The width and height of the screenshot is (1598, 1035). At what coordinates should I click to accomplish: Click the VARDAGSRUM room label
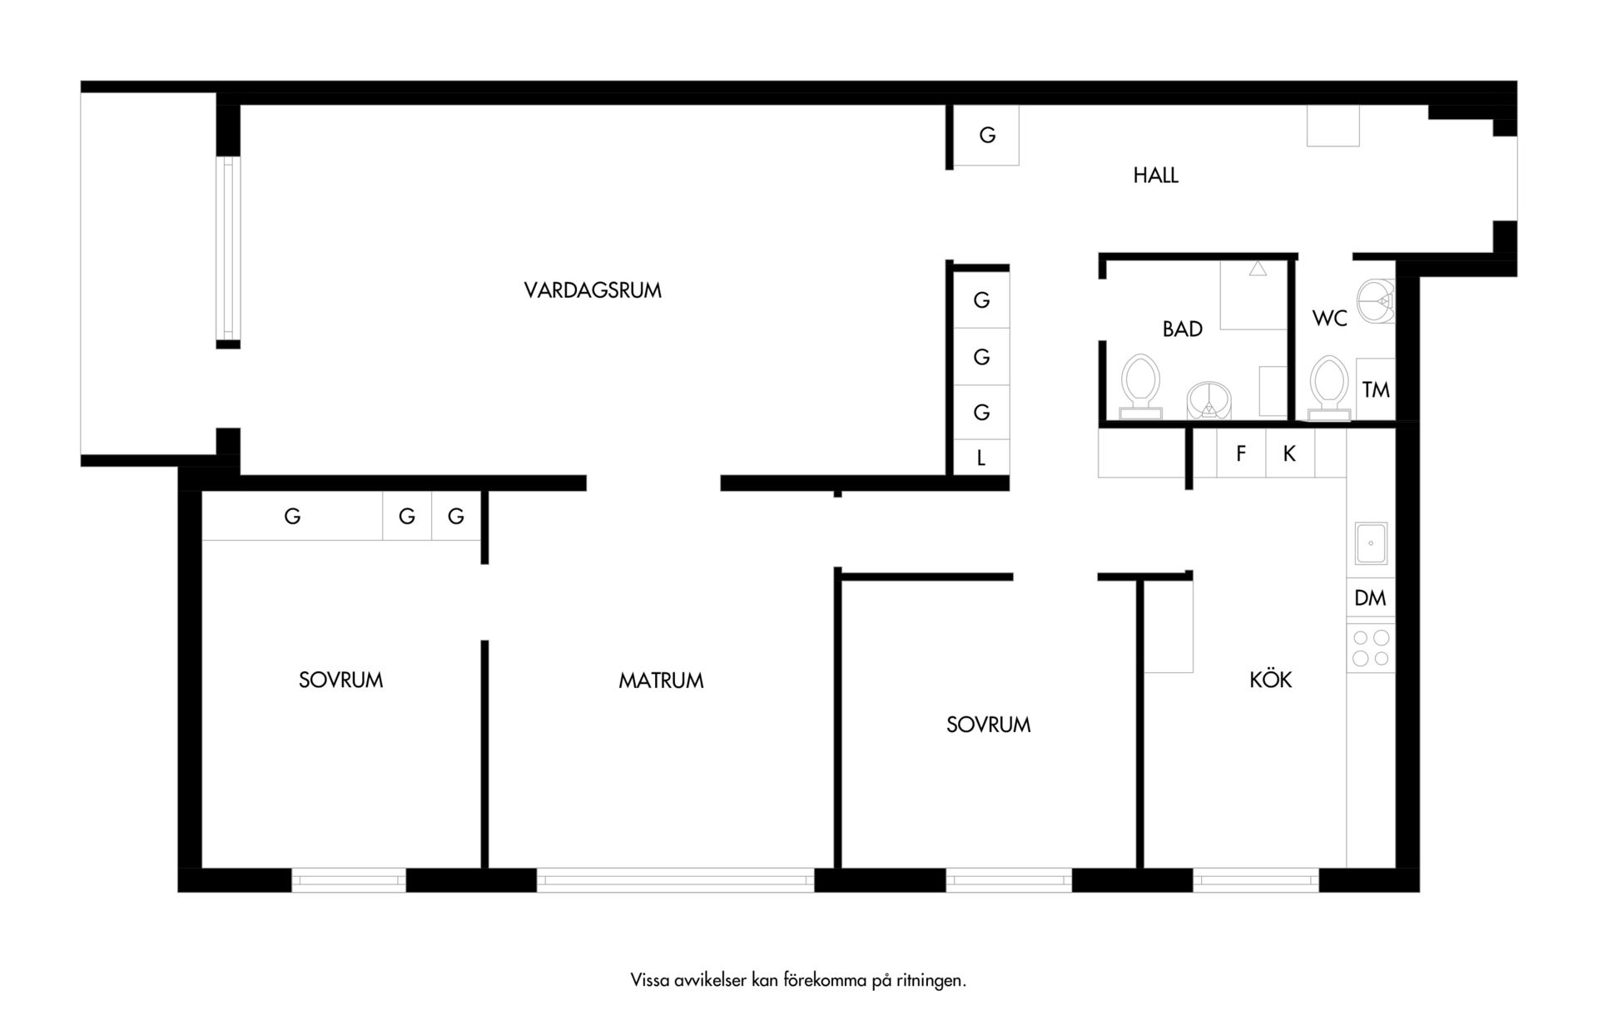[x=593, y=290]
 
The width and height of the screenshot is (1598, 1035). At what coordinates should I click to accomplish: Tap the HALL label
[x=1155, y=176]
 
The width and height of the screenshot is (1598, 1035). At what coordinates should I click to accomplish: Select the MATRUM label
[x=661, y=681]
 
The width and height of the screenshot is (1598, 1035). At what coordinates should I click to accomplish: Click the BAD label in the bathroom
[x=1182, y=329]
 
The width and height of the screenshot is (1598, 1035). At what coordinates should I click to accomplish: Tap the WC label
[x=1329, y=319]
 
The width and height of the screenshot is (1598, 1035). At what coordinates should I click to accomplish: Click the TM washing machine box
[x=1376, y=389]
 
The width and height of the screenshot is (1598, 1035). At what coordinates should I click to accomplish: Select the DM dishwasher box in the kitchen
[x=1370, y=597]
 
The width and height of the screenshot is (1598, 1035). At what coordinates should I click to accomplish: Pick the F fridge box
[x=1241, y=453]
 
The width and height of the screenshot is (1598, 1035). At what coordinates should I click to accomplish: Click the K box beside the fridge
[x=1289, y=453]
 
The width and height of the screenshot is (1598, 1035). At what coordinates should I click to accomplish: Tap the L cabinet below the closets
[x=981, y=458]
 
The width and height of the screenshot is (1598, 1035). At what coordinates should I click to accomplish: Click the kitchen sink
[x=1370, y=544]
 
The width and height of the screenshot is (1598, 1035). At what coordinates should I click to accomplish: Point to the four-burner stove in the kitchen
[x=1370, y=648]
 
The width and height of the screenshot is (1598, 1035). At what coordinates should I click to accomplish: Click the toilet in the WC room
[x=1328, y=388]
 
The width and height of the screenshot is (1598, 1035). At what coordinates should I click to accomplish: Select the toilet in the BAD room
[x=1139, y=386]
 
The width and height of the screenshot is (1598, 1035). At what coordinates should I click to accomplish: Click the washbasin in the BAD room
[x=1208, y=401]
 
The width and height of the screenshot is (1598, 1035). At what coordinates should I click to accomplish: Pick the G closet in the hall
[x=986, y=135]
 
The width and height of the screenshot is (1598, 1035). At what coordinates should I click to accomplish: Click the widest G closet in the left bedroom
[x=292, y=517]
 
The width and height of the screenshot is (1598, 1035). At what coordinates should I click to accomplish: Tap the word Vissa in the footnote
[x=649, y=980]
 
